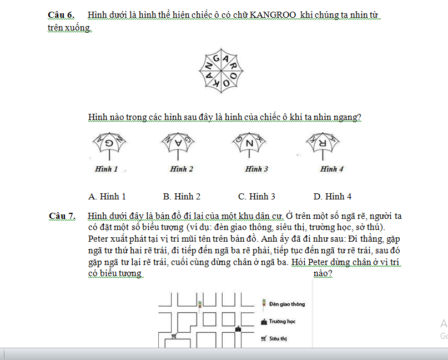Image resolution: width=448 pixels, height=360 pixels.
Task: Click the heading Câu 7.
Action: click(62, 216)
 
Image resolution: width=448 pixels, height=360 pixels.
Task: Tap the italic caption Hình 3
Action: click(256, 169)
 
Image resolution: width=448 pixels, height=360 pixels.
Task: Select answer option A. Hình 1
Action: click(107, 196)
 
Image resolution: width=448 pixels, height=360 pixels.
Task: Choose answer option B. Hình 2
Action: click(182, 196)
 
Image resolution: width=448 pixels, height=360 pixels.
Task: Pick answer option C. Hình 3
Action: click(256, 196)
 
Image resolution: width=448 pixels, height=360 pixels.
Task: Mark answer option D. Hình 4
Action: click(333, 196)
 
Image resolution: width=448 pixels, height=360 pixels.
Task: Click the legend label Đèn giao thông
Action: click(286, 304)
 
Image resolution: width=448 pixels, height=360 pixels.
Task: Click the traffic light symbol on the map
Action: click(200, 304)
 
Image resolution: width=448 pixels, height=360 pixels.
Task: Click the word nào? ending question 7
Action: click(323, 274)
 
